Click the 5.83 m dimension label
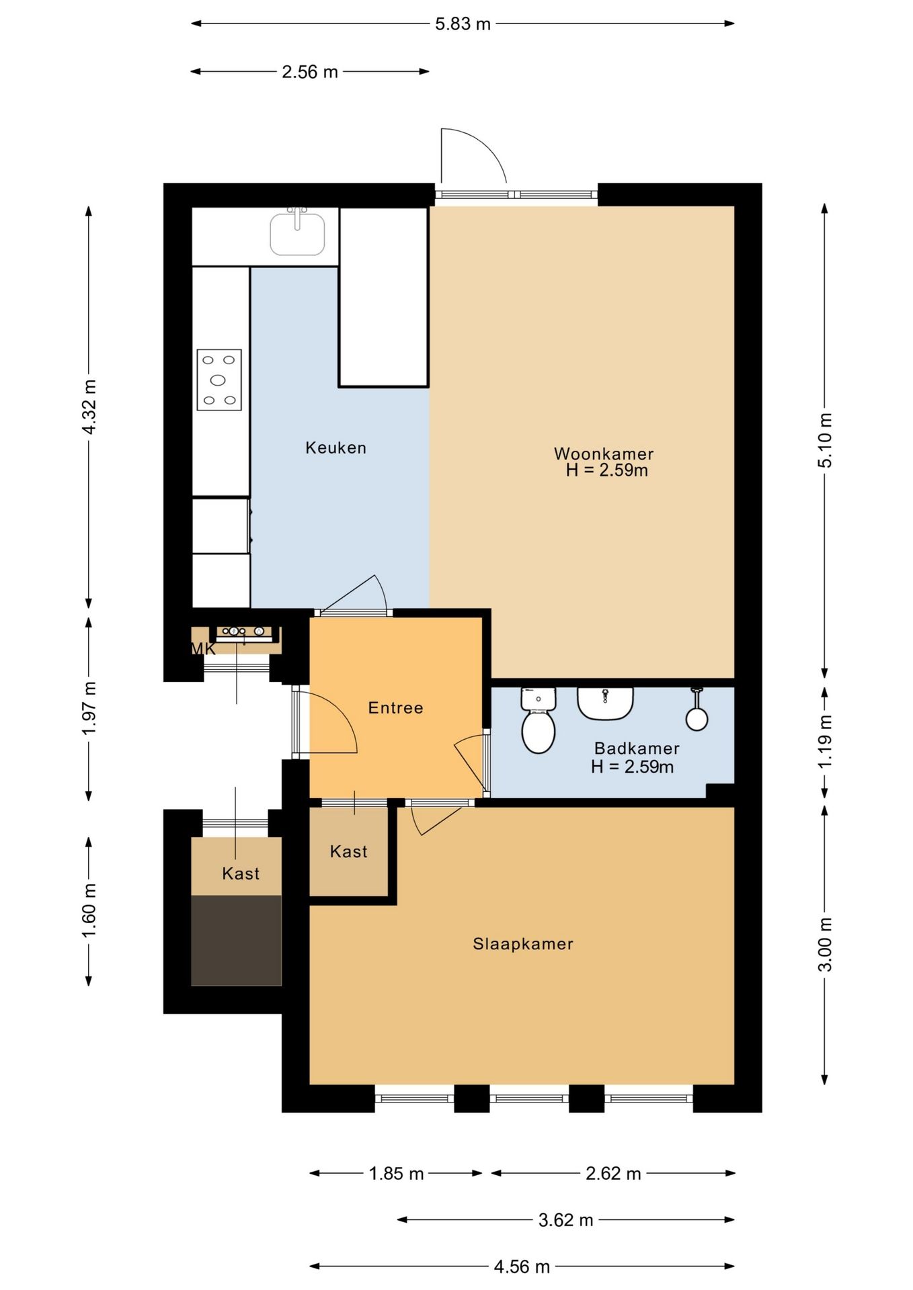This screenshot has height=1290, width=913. pos(463,24)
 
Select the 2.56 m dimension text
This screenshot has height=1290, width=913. pos(309,72)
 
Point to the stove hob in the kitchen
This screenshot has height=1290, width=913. pos(219,380)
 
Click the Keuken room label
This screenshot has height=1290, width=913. pos(336,447)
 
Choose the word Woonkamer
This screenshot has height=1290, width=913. pos(604,454)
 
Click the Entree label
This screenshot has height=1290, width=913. pos(395,707)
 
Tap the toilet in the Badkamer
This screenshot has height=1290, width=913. pos(538,720)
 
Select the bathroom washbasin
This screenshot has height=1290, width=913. pos(605,703)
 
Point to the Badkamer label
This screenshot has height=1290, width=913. pos(637,748)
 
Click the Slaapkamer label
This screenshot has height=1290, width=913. pos(523,943)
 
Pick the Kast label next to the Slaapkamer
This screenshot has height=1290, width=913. pos(349,851)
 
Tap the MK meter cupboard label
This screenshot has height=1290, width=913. pos(204,648)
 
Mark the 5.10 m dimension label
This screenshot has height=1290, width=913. pos(825,440)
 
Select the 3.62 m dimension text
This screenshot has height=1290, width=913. pos(565,1219)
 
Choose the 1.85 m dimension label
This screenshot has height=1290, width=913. pos(396,1173)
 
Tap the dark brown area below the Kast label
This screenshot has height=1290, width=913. pos(236,940)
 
